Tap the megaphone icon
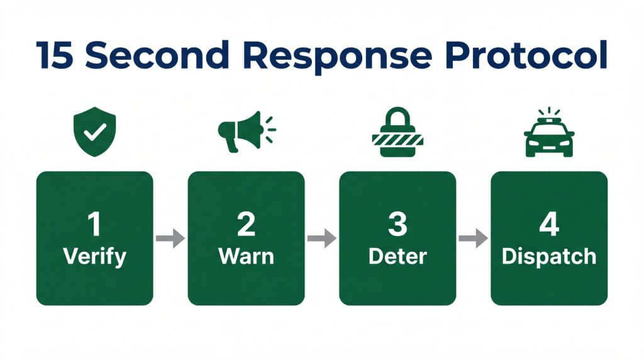[242, 131]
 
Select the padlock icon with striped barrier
[397, 131]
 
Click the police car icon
[549, 136]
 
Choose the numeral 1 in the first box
[94, 225]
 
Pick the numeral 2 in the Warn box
[246, 225]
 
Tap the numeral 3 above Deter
[397, 225]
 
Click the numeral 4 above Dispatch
[549, 225]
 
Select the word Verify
[94, 257]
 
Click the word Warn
[246, 257]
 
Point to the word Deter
[397, 257]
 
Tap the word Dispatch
[549, 257]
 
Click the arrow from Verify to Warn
[170, 239]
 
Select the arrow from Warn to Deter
[322, 239]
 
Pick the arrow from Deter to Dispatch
[473, 239]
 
